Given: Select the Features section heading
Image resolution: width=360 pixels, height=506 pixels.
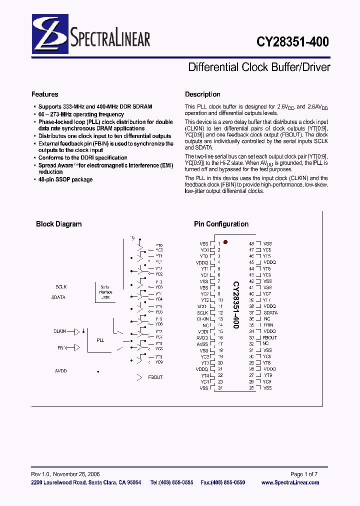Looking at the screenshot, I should point(44,94).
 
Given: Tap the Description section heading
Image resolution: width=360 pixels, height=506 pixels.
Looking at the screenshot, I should point(202,94).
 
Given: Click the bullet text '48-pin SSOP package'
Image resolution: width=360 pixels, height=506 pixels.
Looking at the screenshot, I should point(65,179).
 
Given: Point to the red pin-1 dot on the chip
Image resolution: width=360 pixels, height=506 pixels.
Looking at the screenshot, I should point(225,242).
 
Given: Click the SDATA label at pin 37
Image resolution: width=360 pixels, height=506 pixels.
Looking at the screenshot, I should point(270,312).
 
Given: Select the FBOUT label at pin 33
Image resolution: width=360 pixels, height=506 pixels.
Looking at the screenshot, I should point(270,337).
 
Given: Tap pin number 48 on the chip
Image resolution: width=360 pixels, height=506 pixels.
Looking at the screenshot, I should point(251,243).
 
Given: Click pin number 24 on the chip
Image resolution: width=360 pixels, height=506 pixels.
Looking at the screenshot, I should point(219,388).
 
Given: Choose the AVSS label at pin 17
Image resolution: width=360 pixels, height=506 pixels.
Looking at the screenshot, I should point(202,344).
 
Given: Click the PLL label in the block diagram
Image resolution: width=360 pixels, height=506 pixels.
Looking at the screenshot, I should point(100,340).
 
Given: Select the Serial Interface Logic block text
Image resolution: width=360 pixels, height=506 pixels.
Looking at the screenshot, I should point(105,292).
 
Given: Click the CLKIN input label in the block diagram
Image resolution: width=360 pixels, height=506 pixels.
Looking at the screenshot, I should point(60,331).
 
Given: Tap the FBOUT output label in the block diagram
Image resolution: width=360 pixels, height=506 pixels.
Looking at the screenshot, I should point(155,377).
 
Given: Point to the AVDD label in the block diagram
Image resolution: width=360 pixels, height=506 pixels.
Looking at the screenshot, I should point(60,371).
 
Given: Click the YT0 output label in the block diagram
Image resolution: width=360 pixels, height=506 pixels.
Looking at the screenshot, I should point(158,246).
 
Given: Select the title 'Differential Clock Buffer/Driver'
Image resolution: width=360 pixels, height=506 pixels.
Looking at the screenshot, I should point(259,67).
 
